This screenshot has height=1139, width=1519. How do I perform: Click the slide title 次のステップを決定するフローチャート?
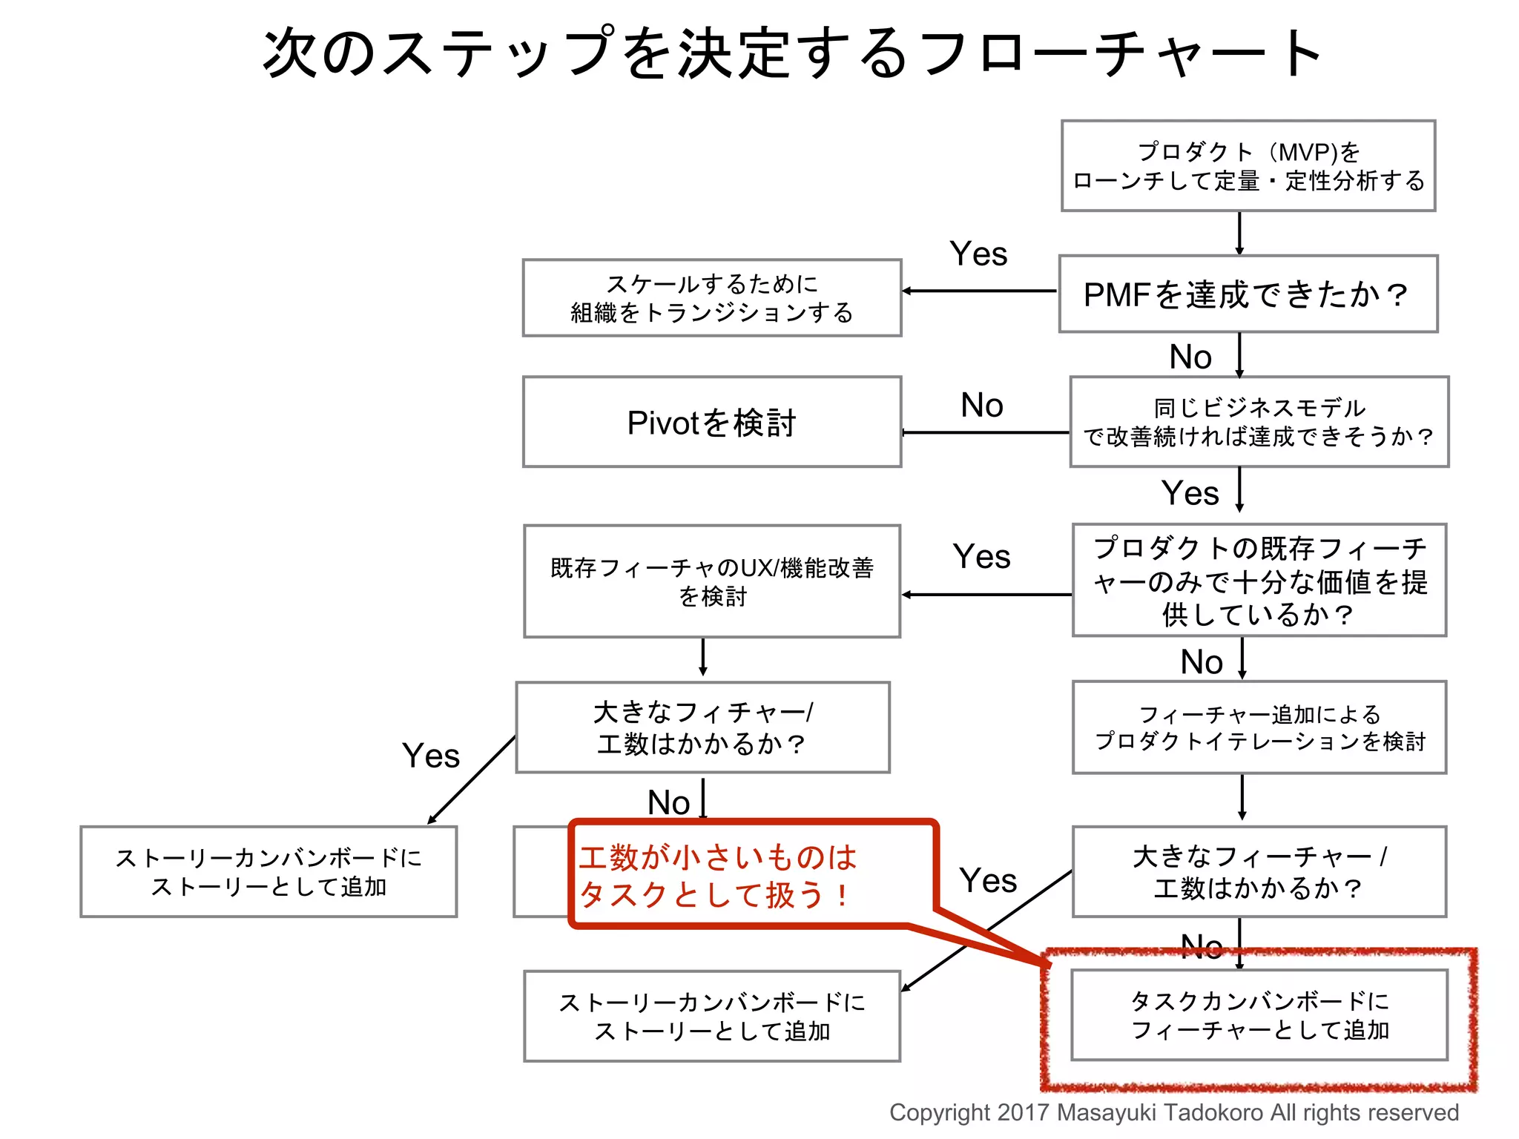pyautogui.click(x=792, y=53)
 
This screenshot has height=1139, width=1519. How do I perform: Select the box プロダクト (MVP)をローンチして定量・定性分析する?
pyautogui.click(x=1248, y=166)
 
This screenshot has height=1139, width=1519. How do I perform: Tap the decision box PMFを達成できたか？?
pyautogui.click(x=1248, y=294)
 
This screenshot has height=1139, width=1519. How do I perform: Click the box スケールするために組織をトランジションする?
pyautogui.click(x=712, y=298)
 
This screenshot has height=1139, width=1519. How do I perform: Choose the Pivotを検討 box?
pyautogui.click(x=712, y=423)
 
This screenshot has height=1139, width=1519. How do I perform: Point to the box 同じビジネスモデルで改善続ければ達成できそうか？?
pyautogui.click(x=1259, y=422)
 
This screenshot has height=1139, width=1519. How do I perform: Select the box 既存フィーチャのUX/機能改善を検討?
pyautogui.click(x=712, y=581)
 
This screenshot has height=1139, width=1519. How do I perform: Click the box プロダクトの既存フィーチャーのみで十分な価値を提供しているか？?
pyautogui.click(x=1259, y=581)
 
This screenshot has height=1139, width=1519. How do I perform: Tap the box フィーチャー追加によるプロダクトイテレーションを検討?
pyautogui.click(x=1259, y=727)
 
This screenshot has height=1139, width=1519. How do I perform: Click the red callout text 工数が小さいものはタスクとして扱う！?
pyautogui.click(x=718, y=876)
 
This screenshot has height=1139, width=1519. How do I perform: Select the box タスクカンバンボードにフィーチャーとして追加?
pyautogui.click(x=1259, y=1015)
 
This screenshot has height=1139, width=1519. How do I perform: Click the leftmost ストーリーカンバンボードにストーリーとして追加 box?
pyautogui.click(x=268, y=872)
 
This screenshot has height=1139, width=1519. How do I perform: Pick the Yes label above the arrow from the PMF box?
pyautogui.click(x=978, y=254)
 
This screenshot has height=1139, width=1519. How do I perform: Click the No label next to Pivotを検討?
pyautogui.click(x=982, y=406)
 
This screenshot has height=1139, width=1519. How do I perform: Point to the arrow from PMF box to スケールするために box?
pyautogui.click(x=979, y=291)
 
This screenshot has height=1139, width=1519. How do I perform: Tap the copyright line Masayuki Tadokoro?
pyautogui.click(x=1173, y=1112)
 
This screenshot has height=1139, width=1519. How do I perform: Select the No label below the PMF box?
pyautogui.click(x=1190, y=357)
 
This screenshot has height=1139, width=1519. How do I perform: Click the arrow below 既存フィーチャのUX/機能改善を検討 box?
pyautogui.click(x=703, y=657)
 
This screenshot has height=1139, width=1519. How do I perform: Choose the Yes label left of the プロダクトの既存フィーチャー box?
pyautogui.click(x=981, y=557)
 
